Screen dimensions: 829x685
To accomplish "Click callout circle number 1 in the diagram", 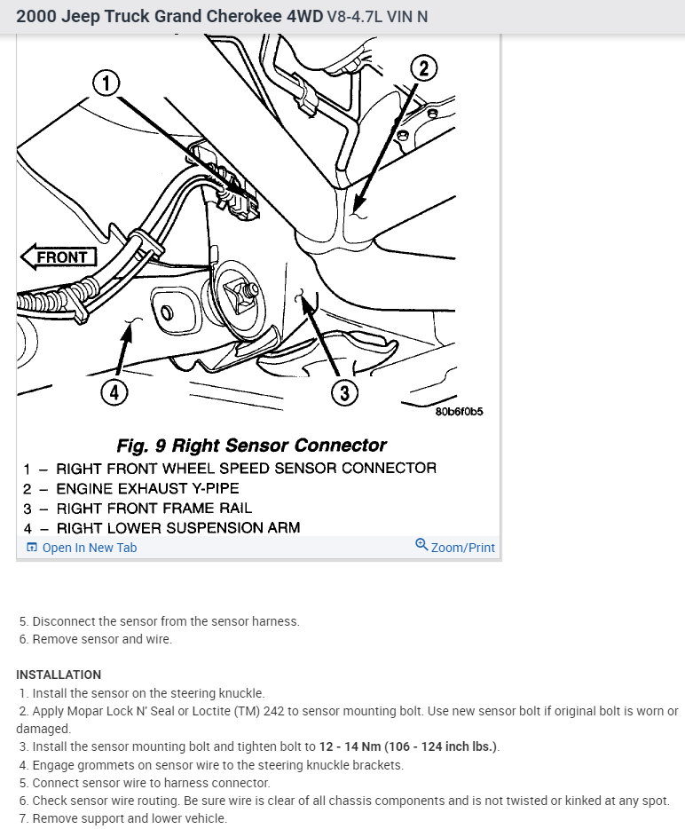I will (x=106, y=84).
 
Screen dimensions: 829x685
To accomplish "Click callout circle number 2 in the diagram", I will (x=424, y=68).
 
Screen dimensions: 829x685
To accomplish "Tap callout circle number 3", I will (x=344, y=391).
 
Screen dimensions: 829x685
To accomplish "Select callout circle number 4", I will (x=114, y=391).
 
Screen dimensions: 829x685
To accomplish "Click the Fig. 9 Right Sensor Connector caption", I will (x=252, y=445).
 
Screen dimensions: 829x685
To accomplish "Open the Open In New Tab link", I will (x=89, y=548).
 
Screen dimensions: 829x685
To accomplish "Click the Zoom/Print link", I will (x=462, y=548).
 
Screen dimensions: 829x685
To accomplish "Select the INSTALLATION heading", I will (x=59, y=675).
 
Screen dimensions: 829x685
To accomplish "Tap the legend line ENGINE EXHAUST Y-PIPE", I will (x=147, y=488).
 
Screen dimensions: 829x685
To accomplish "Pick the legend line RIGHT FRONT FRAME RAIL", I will (x=154, y=509).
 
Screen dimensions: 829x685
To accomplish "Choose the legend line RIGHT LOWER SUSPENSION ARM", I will (x=177, y=528).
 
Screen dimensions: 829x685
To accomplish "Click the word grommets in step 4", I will (x=102, y=765).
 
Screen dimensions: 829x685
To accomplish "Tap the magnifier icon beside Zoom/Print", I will (x=421, y=545).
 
